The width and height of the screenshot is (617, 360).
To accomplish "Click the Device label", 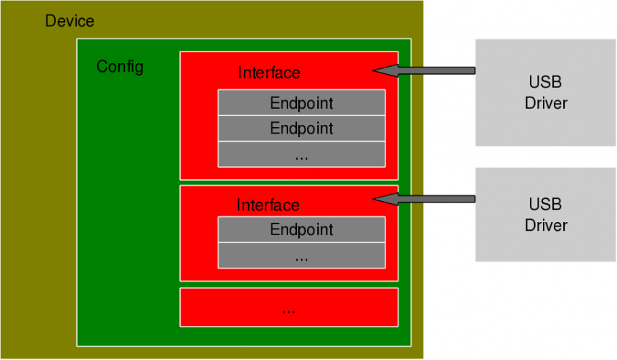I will (x=70, y=21).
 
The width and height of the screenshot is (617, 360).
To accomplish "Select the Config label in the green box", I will (x=120, y=67).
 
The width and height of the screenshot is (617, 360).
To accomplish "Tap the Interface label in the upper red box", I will (x=269, y=73).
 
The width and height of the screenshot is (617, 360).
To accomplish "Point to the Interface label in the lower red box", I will (x=268, y=206).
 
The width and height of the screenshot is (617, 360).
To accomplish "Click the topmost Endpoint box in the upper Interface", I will (x=301, y=103).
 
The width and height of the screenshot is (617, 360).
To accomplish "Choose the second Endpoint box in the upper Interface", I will (x=301, y=128).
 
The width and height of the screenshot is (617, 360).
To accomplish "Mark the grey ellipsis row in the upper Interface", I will (x=301, y=155).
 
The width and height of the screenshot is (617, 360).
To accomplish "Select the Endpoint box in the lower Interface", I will (x=301, y=230).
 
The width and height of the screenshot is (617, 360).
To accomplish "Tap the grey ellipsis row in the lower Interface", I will (x=301, y=255).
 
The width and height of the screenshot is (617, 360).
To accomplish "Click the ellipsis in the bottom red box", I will (x=288, y=308).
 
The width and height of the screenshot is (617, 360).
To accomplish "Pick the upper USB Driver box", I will (x=546, y=92).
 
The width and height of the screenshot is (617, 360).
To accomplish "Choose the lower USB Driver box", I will (x=546, y=214).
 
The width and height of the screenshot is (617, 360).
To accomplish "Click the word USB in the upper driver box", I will (x=546, y=81).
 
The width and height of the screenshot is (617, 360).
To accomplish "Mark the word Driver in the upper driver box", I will (x=546, y=103).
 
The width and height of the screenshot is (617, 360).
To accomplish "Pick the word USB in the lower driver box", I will (x=546, y=203).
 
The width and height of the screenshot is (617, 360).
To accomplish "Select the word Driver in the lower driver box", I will (x=546, y=225).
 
